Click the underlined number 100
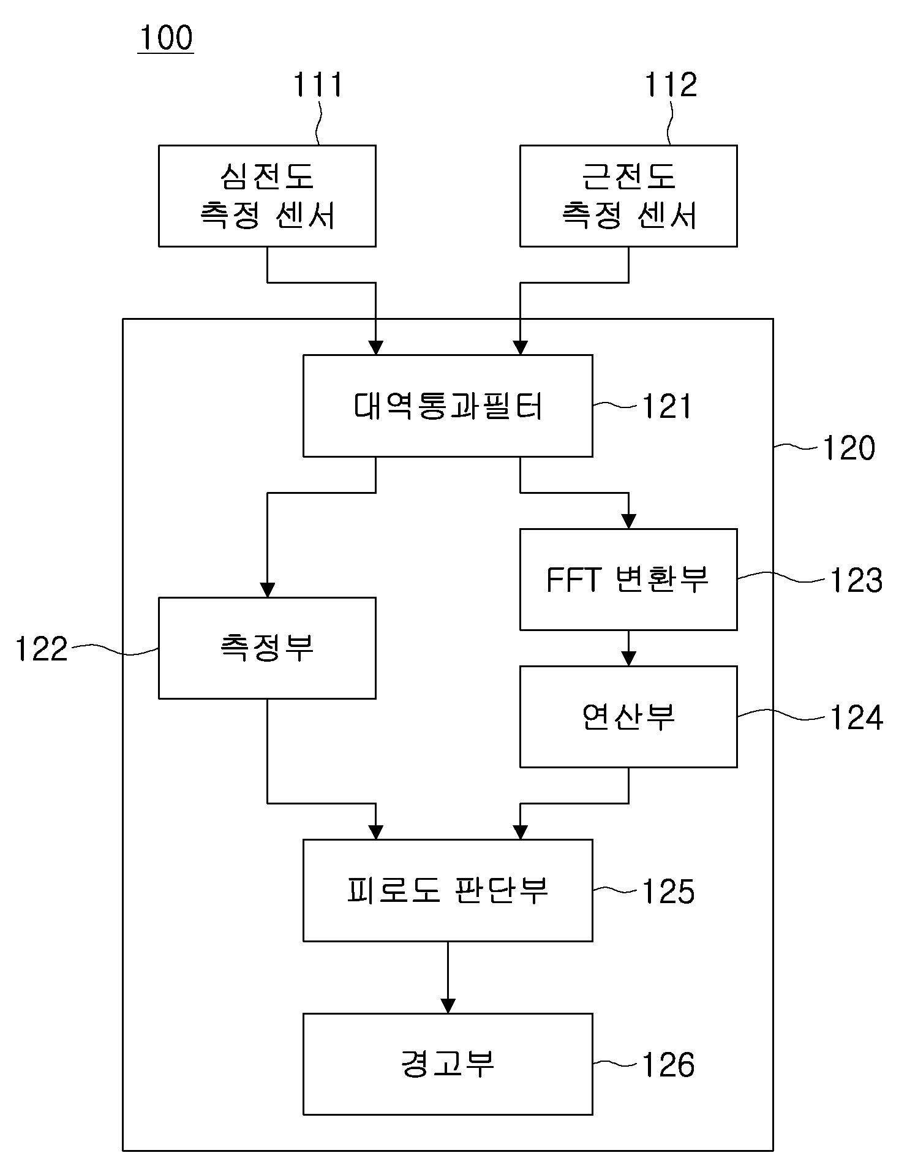[x=166, y=38]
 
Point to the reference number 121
[x=667, y=406]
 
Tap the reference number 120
[x=848, y=448]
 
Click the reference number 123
[x=856, y=580]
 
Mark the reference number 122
[x=41, y=649]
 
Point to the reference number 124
[x=856, y=717]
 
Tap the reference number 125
[x=668, y=891]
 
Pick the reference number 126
[x=668, y=1065]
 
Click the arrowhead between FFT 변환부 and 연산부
[x=628, y=659]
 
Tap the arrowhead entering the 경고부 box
[x=448, y=1006]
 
